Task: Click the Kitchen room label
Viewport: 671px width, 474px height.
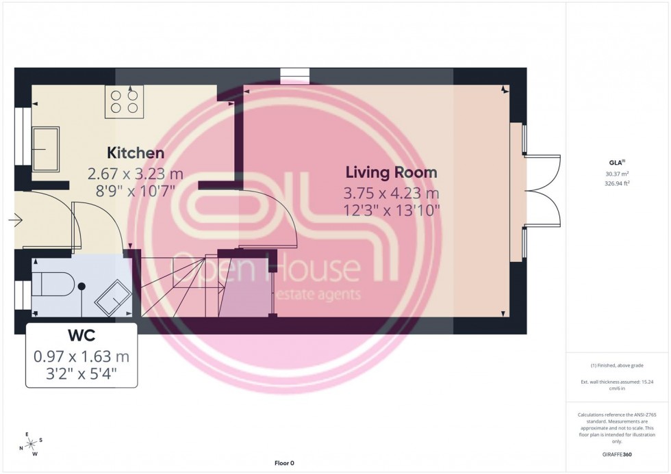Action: (x=135, y=153)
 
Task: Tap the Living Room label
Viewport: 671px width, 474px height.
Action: (x=391, y=172)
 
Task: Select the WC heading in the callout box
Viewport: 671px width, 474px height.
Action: (x=81, y=337)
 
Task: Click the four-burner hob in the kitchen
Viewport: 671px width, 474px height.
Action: (x=124, y=102)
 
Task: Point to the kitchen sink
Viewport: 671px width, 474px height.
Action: (x=46, y=148)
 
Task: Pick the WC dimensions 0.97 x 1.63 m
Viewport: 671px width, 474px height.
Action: (x=81, y=356)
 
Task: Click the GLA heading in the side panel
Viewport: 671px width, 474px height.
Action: (x=618, y=163)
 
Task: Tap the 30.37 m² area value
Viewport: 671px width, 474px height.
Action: (x=618, y=174)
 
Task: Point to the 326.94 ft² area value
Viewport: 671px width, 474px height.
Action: (x=618, y=183)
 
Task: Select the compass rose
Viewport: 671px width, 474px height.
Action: (x=28, y=444)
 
